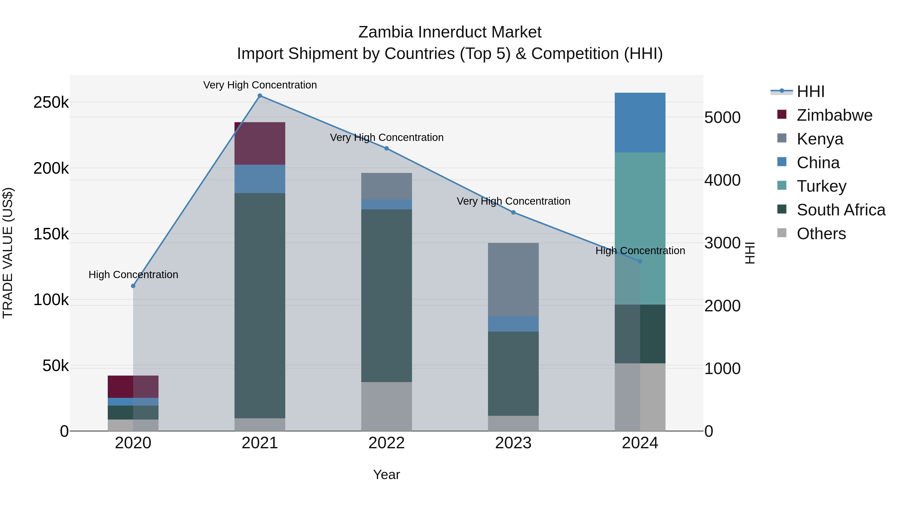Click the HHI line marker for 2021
259,96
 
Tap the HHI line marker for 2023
513,212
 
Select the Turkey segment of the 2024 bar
640,228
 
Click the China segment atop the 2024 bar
640,123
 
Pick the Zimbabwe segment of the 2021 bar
259,143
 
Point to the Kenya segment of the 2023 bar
513,279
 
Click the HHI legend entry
810,91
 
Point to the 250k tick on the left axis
51,102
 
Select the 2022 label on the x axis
386,443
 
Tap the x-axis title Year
386,475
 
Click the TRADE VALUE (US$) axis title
8,253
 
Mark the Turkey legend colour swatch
782,185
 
